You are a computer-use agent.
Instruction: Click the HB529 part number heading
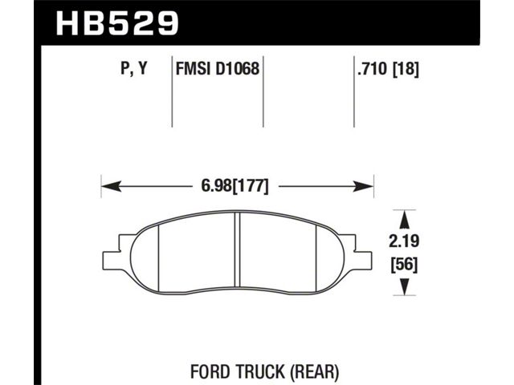pos(117,23)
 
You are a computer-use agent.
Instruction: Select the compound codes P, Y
pos(134,68)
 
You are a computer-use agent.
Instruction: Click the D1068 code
pos(238,68)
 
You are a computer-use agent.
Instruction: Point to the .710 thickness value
pos(373,68)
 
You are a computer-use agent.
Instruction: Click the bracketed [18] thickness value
pos(406,69)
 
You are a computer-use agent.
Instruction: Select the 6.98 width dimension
pos(216,186)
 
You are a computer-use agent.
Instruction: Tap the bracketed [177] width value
pos(251,186)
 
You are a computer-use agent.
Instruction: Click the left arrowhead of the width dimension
pos(112,186)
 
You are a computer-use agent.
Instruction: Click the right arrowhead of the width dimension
pos(363,186)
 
